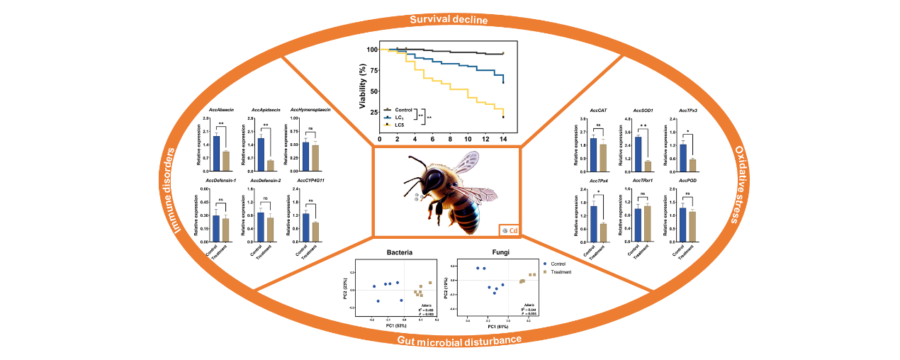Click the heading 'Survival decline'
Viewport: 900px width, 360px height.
(x=449, y=20)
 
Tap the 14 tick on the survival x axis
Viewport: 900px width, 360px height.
(x=503, y=140)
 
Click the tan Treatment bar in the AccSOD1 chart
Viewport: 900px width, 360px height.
(x=647, y=166)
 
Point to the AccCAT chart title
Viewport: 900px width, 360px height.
(x=598, y=111)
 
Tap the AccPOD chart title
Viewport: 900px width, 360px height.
(x=687, y=181)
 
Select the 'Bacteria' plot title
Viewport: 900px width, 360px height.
(x=401, y=252)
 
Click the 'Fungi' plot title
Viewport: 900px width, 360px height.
(x=500, y=252)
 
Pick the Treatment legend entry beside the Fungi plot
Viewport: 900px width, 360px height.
(x=560, y=271)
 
